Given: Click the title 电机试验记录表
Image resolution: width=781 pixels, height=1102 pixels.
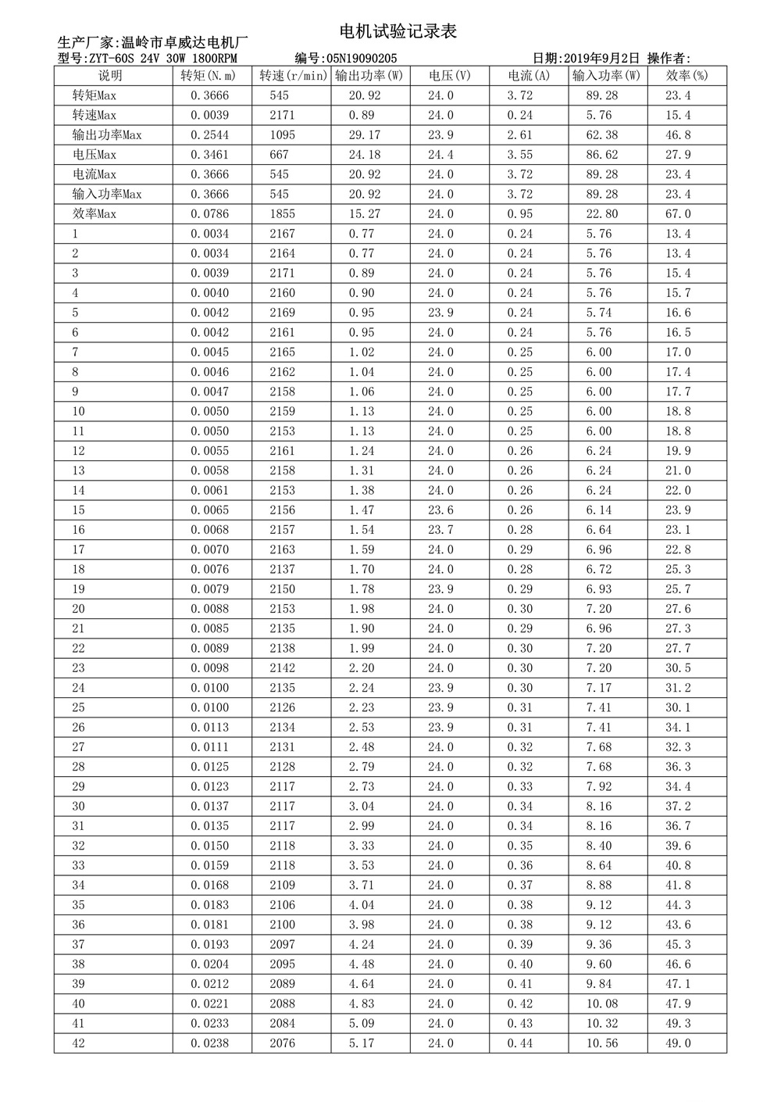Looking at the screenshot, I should coord(398,32).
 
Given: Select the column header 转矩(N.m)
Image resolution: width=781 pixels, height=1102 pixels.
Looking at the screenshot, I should coord(209,76).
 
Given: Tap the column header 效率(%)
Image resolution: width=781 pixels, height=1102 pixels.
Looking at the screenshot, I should coord(687,76).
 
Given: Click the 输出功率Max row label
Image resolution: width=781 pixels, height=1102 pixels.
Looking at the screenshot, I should coord(107,135).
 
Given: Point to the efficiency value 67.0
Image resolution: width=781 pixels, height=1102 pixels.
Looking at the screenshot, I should coord(678,214).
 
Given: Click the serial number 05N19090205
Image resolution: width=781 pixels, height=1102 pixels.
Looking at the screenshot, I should coord(362,59).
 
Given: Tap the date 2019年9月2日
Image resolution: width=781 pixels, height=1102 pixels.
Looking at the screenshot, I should coord(601,59).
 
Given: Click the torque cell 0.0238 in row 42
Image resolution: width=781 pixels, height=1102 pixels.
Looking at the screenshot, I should coord(210,1043).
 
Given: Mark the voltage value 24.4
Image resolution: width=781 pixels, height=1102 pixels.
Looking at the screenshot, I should coord(440,155).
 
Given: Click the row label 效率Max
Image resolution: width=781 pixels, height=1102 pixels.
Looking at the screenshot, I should coord(95,214).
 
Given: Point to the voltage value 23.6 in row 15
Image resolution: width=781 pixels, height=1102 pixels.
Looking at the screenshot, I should coord(440,510).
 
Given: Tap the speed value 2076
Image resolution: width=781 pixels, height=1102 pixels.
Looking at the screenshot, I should coord(283,1043).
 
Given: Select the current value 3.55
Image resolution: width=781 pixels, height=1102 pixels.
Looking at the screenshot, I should coord(520,155).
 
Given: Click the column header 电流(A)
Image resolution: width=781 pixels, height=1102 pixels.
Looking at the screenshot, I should coord(529,76).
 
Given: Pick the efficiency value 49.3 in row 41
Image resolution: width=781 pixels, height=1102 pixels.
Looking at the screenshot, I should coord(678,1024).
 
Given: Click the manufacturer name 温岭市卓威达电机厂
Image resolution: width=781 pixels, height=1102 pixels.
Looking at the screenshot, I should coord(185,42).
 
